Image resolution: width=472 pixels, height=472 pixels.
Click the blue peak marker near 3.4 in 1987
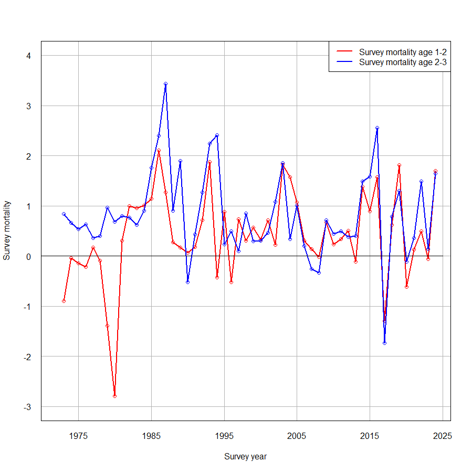165,83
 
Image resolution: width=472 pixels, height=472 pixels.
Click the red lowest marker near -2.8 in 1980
114,396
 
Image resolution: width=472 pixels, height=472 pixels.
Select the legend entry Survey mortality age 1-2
403,52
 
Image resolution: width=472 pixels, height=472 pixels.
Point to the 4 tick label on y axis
29,56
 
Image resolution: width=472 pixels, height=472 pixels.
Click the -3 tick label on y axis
28,406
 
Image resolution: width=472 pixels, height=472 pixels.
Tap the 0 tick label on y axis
29,256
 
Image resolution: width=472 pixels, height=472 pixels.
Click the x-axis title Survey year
245,456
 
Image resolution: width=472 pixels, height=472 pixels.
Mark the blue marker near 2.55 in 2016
377,128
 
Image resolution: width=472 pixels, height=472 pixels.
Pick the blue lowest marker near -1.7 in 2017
384,343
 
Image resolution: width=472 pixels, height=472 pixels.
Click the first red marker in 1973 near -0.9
64,301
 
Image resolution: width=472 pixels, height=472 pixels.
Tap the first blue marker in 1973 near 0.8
64,214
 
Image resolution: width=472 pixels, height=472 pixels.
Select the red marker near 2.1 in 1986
159,151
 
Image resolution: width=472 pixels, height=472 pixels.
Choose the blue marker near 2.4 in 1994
217,135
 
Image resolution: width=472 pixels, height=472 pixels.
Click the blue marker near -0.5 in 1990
187,282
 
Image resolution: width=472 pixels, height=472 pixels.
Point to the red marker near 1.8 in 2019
399,165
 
